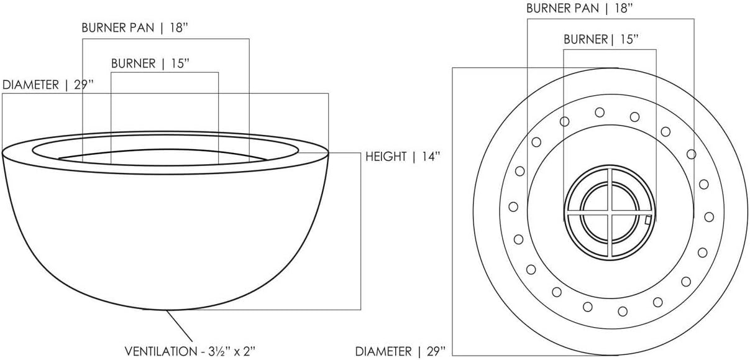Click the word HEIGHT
click(385, 157)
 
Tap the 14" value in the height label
click(428, 157)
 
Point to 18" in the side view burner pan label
click(179, 29)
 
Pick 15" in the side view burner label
click(177, 63)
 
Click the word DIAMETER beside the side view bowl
click(31, 85)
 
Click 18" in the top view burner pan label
click(623, 9)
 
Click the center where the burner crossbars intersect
click(610, 213)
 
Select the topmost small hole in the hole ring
click(600, 113)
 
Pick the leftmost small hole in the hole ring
click(513, 206)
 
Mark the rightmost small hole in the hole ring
click(709, 216)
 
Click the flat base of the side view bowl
click(165, 309)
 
